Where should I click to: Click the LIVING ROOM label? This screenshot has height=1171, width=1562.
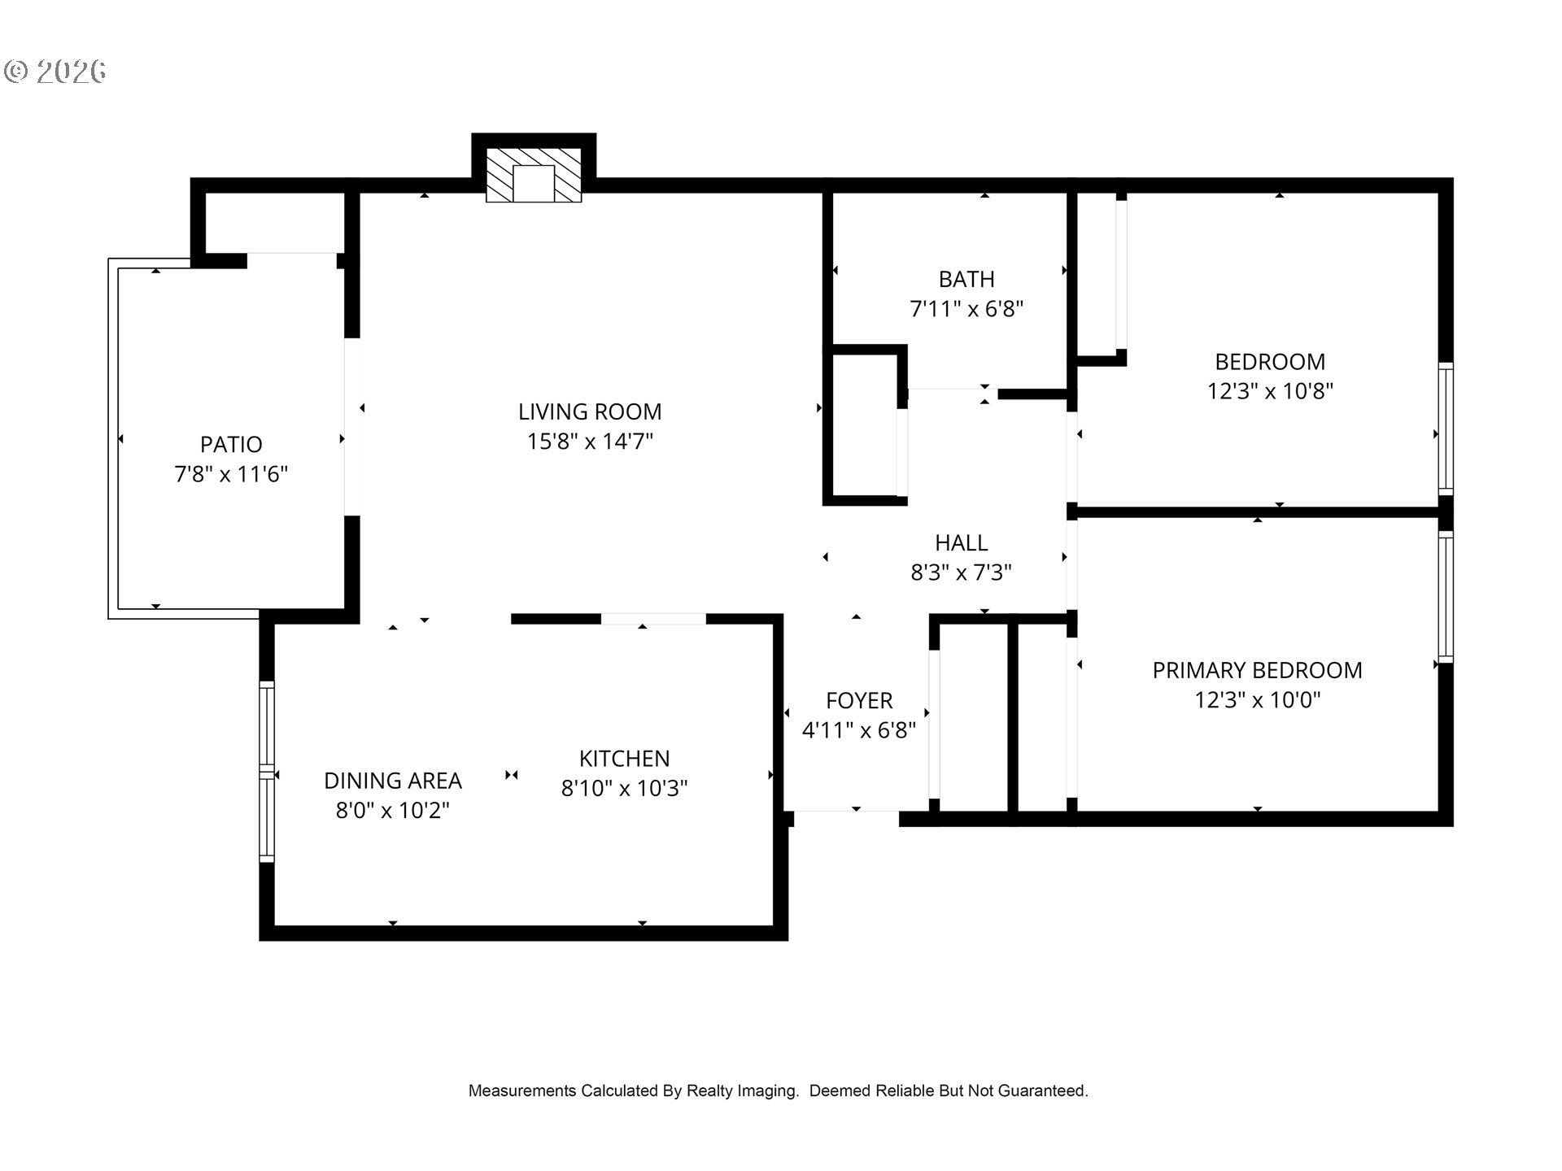[x=590, y=411]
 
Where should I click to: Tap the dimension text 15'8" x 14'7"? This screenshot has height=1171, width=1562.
[x=590, y=442]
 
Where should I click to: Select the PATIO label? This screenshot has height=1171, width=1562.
[x=231, y=445]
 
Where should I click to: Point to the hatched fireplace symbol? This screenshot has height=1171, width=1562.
[x=534, y=175]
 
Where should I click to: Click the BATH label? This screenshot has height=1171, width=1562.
[x=966, y=280]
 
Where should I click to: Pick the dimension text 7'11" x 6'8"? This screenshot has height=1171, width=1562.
[x=966, y=309]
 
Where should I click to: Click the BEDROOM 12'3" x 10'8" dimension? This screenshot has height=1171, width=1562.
[x=1270, y=391]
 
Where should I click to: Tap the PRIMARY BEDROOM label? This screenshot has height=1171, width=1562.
[x=1257, y=670]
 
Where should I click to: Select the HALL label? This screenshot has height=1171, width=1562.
[x=961, y=542]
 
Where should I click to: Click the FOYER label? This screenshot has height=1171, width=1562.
[x=859, y=700]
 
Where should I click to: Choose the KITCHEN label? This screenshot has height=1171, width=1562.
[x=624, y=759]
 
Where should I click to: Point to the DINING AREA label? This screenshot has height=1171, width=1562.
[x=393, y=781]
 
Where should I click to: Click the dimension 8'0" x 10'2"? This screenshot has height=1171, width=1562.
[x=393, y=811]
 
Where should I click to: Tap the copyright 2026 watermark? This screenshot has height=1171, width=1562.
[x=55, y=72]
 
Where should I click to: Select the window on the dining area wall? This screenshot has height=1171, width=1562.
[x=267, y=771]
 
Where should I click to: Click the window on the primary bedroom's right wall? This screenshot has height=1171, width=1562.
[x=1445, y=596]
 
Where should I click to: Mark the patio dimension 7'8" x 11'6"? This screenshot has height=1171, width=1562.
[x=231, y=474]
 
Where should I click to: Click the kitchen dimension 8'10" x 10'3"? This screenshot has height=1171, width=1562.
[x=624, y=788]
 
